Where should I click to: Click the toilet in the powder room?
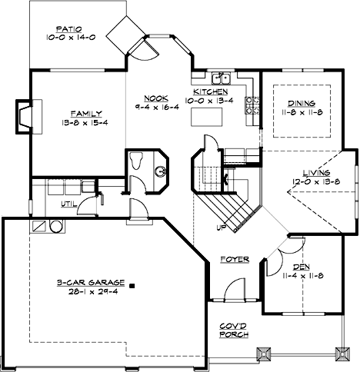[137, 160]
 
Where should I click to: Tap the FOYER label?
[235, 260]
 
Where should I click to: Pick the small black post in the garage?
[132, 285]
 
